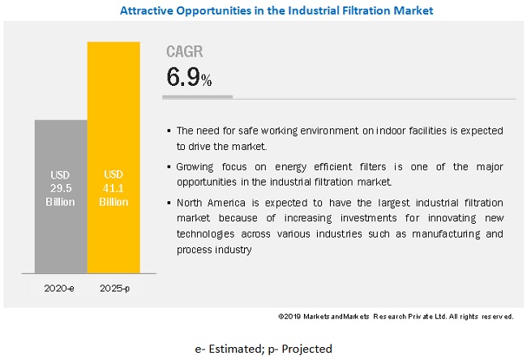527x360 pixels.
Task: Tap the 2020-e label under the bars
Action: tap(60, 288)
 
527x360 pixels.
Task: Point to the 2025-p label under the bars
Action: tap(114, 288)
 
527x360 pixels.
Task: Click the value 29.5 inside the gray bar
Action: tap(60, 188)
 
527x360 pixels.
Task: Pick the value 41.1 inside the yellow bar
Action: tap(114, 188)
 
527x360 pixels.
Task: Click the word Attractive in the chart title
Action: tap(148, 11)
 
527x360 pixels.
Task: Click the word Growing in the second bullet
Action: tap(196, 165)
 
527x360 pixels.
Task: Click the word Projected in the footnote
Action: tap(305, 349)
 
